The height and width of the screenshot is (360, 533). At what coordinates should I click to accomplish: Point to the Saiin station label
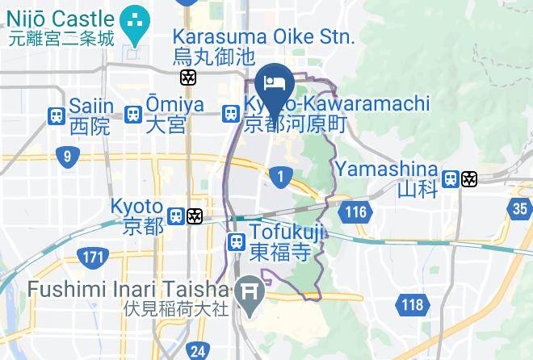(90, 115)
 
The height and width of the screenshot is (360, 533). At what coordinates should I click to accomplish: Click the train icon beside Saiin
(57, 115)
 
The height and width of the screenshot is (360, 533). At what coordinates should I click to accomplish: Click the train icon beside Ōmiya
(133, 115)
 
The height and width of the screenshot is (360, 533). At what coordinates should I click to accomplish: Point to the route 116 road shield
(352, 212)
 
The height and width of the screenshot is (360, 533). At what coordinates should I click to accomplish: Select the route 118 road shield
(412, 304)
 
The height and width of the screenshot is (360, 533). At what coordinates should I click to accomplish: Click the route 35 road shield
(521, 208)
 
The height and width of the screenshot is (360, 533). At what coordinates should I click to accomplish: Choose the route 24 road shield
(197, 351)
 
